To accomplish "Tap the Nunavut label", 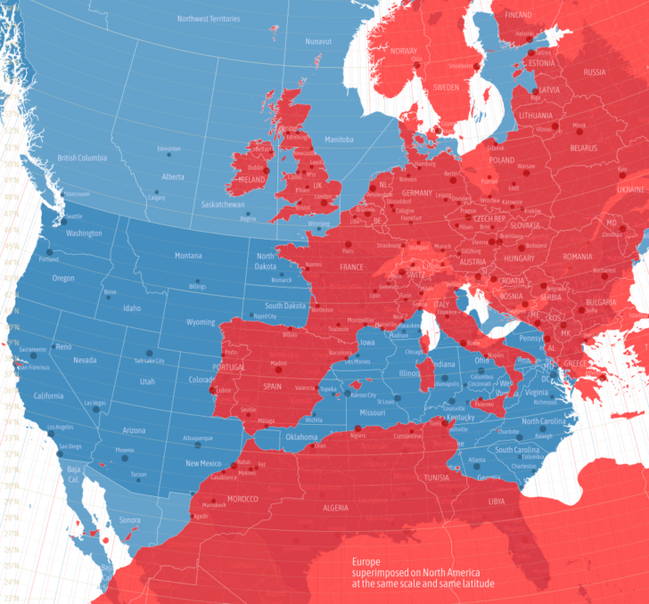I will (318, 42).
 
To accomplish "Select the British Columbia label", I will (82, 158).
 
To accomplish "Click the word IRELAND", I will (252, 179).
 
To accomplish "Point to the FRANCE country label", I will (351, 267).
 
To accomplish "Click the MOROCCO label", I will (242, 498).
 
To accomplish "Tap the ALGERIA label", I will (334, 507).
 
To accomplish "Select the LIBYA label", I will (497, 502).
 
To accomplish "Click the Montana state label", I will (187, 256).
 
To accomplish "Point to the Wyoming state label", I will (200, 322).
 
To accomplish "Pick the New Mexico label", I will (203, 463).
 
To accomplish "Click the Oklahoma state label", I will (301, 437).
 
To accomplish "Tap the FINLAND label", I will (518, 15).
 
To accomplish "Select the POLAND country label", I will (501, 160).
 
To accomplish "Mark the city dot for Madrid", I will (279, 356).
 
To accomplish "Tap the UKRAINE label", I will (630, 190).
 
